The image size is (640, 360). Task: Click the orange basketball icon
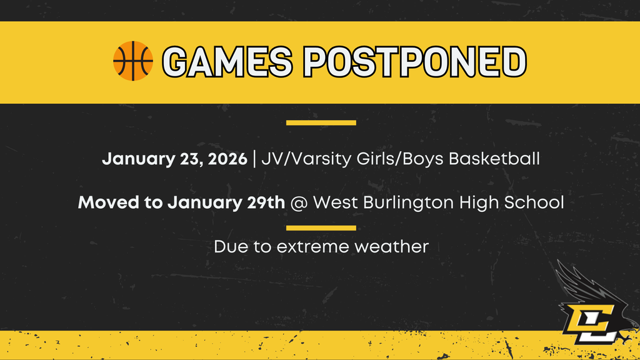pyautogui.click(x=132, y=61)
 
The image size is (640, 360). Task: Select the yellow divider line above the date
pyautogui.click(x=321, y=122)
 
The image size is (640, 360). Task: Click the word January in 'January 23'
pyautogui.click(x=132, y=159)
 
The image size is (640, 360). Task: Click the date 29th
pyautogui.click(x=265, y=202)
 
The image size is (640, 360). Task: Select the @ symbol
pyautogui.click(x=299, y=203)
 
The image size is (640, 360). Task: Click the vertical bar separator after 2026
pyautogui.click(x=254, y=159)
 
